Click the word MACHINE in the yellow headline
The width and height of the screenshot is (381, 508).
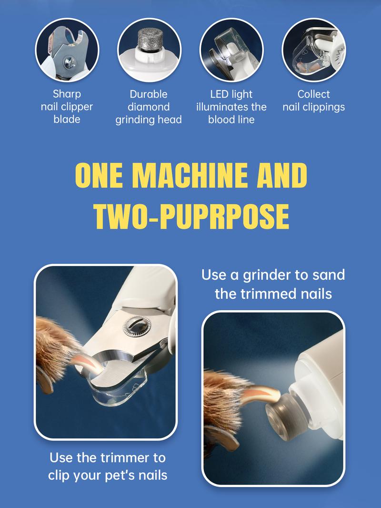[x=190, y=175]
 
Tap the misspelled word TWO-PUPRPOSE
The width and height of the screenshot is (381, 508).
[x=191, y=216]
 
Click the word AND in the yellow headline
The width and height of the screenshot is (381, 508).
[x=281, y=175]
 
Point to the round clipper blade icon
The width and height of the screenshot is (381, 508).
[x=67, y=50]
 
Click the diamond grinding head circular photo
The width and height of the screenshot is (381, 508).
[x=149, y=50]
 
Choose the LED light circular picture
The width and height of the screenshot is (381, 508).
[x=231, y=50]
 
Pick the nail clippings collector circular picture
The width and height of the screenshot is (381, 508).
[x=314, y=50]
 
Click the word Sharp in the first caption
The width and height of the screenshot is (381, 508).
[x=67, y=94]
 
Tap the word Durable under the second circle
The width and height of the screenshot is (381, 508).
[x=149, y=94]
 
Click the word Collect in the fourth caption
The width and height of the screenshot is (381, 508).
[x=314, y=94]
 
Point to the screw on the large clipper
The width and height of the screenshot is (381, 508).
[x=137, y=326]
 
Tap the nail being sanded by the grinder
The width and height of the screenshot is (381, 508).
[x=261, y=394]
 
